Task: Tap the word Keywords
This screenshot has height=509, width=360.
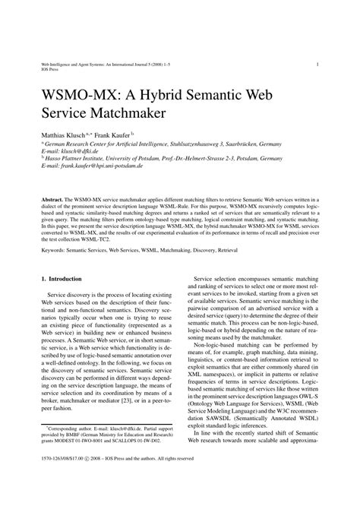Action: [x=58, y=248]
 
